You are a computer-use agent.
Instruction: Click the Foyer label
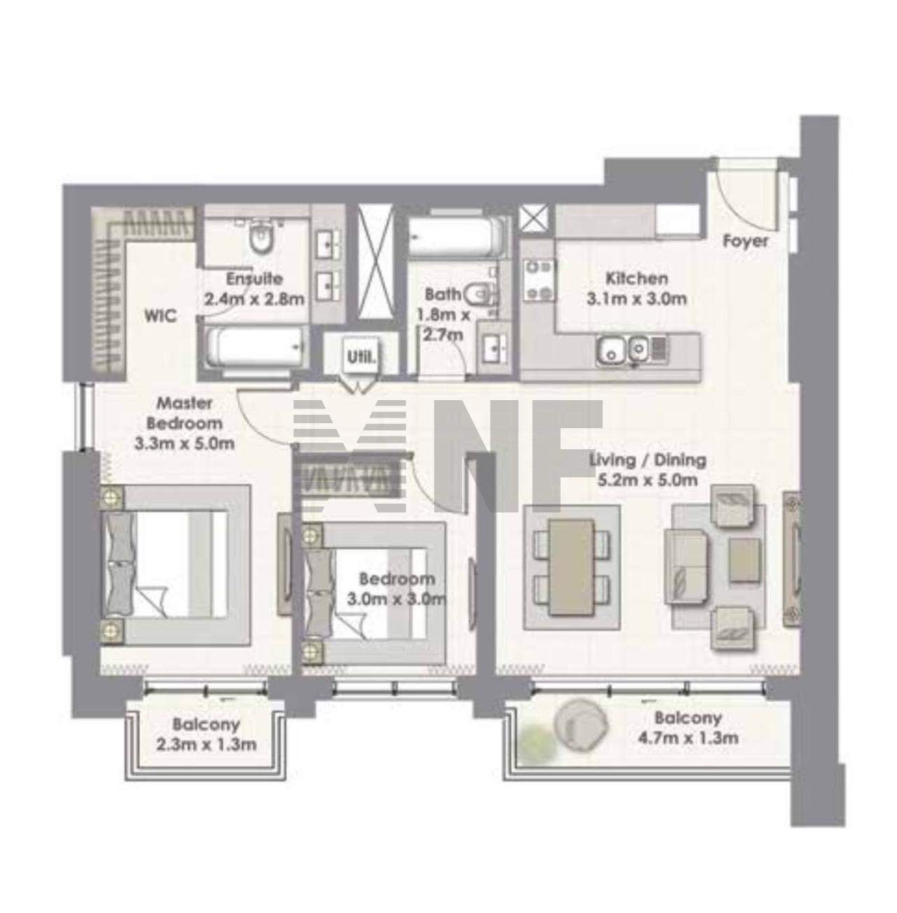[x=745, y=241]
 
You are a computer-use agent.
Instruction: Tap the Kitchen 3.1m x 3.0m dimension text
[x=636, y=299]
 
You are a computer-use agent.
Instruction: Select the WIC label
[x=160, y=315]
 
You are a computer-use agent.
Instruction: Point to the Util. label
[x=362, y=357]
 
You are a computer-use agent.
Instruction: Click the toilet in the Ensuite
[x=261, y=237]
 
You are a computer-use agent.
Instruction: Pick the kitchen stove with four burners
[x=539, y=280]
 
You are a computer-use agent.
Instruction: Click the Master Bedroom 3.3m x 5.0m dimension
[x=185, y=444]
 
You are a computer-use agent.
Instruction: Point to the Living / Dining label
[x=648, y=460]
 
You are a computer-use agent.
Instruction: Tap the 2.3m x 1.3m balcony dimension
[x=206, y=744]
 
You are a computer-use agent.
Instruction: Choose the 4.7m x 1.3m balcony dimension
[x=688, y=738]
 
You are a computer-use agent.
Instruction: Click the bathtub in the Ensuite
[x=254, y=348]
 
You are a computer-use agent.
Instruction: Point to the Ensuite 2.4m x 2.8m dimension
[x=254, y=299]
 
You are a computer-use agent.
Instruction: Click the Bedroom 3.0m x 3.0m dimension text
[x=397, y=599]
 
